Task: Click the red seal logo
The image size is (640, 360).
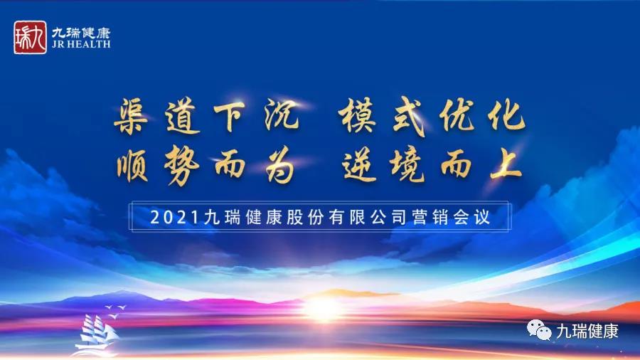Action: point(30,38)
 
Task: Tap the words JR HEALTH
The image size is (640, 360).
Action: point(81,44)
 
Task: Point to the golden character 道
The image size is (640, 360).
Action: point(183,117)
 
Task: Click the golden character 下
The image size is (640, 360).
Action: point(230,116)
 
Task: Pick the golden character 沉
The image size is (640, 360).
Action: point(281,115)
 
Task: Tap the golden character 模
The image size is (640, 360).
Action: point(358,115)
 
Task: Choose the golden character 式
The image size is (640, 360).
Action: point(409,117)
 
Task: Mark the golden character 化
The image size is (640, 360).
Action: point(506,115)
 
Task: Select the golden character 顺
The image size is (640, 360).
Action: point(132,165)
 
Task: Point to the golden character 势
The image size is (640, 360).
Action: point(181,165)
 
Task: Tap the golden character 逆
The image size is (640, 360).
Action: point(359,165)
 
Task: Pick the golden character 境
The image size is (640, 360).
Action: point(407,165)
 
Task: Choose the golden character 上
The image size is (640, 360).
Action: point(506,164)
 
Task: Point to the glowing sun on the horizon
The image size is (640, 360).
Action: point(323,309)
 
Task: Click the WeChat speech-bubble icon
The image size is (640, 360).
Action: point(539,330)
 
